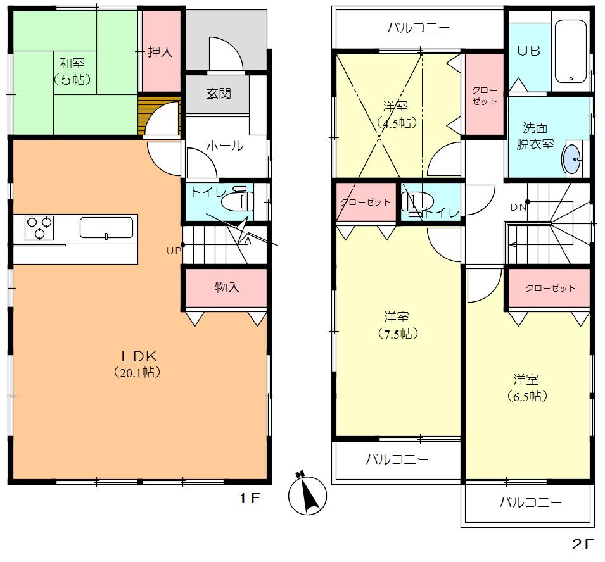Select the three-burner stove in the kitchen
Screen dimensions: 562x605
tap(39, 228)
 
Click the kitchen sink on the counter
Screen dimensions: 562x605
tap(106, 227)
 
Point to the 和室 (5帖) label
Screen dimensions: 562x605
tap(72, 71)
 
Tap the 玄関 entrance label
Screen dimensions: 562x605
tap(218, 94)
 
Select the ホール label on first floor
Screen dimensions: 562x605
tap(224, 146)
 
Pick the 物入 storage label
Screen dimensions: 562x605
tap(227, 287)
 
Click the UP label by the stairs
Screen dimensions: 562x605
tap(173, 251)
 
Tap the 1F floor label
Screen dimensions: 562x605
tap(250, 498)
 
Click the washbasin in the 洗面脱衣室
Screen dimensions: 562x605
tap(573, 158)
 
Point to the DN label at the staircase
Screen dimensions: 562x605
tap(517, 206)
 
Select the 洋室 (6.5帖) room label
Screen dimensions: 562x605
tap(526, 388)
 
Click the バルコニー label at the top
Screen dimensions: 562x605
tap(418, 28)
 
